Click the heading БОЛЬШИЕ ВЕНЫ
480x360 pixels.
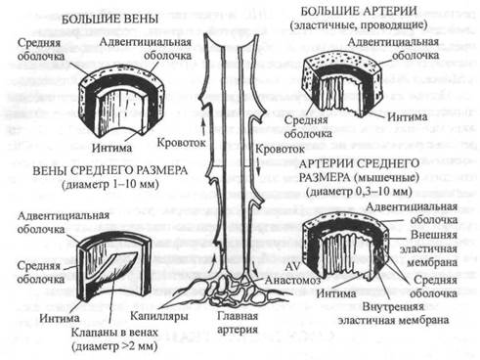[x=109, y=19]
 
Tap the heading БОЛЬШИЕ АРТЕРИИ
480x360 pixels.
[x=359, y=11]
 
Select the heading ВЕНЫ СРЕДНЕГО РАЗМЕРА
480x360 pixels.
[x=110, y=170]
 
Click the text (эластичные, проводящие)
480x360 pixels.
[x=359, y=25]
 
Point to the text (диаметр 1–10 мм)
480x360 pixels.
[x=110, y=185]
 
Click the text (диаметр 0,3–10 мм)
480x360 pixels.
[x=359, y=192]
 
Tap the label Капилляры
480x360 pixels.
[x=159, y=316]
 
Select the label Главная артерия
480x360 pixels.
[x=238, y=323]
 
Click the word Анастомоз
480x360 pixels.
[x=292, y=280]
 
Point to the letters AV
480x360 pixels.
[x=292, y=266]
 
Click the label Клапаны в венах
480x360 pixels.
[x=114, y=333]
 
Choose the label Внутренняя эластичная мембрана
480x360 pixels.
[x=393, y=313]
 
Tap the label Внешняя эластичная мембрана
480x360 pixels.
[x=429, y=248]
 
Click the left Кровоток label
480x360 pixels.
[x=181, y=143]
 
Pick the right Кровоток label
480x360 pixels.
[x=280, y=150]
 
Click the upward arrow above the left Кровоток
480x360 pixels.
[x=203, y=126]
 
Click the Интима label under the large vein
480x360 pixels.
[x=111, y=148]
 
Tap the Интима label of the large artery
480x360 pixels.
[x=407, y=116]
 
